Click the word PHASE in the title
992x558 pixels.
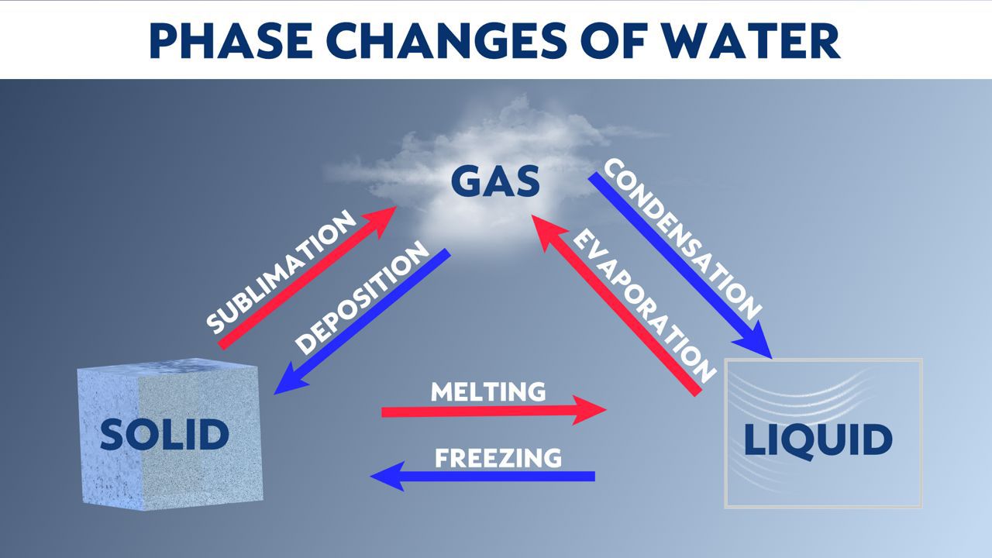[x=232, y=40]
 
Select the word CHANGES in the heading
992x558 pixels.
[x=447, y=40]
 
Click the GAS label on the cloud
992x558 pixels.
[x=495, y=181]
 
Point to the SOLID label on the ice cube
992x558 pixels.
[x=165, y=435]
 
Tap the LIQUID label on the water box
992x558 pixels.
[x=818, y=440]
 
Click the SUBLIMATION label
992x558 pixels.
[x=281, y=272]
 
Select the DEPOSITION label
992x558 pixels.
[x=362, y=298]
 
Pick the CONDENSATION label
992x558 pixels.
[x=683, y=239]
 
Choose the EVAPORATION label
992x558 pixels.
[x=645, y=306]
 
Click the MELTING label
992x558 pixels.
[x=488, y=391]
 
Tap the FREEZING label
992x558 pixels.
[x=498, y=458]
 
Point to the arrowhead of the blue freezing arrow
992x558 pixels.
[x=386, y=476]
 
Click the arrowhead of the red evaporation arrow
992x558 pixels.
[x=546, y=230]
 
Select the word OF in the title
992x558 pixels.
[x=615, y=40]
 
